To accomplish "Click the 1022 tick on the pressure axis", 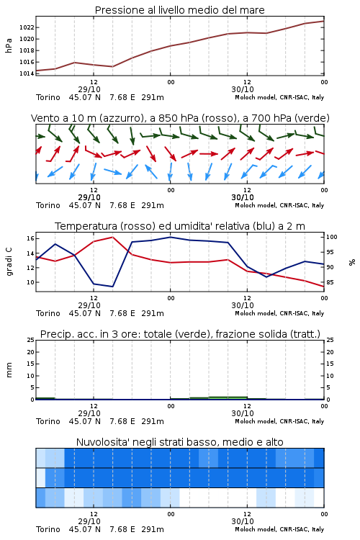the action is click(26, 27).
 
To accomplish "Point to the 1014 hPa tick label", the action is click(26, 73).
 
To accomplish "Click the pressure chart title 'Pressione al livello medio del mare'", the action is click(180, 10).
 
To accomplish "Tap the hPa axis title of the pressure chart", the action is click(9, 45).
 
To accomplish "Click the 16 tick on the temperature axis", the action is click(30, 238).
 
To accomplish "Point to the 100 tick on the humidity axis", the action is click(332, 237).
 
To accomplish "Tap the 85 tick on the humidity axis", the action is click(330, 282).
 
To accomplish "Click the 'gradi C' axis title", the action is click(9, 262).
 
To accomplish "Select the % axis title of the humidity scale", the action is click(352, 262).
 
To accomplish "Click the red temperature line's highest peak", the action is click(112, 237).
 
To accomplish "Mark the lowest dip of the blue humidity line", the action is click(112, 287).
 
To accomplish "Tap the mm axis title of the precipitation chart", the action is click(9, 370).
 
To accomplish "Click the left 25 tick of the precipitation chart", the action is click(30, 340).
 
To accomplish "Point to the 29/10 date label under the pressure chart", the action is click(89, 89).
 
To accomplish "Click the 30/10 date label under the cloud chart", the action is click(243, 521).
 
